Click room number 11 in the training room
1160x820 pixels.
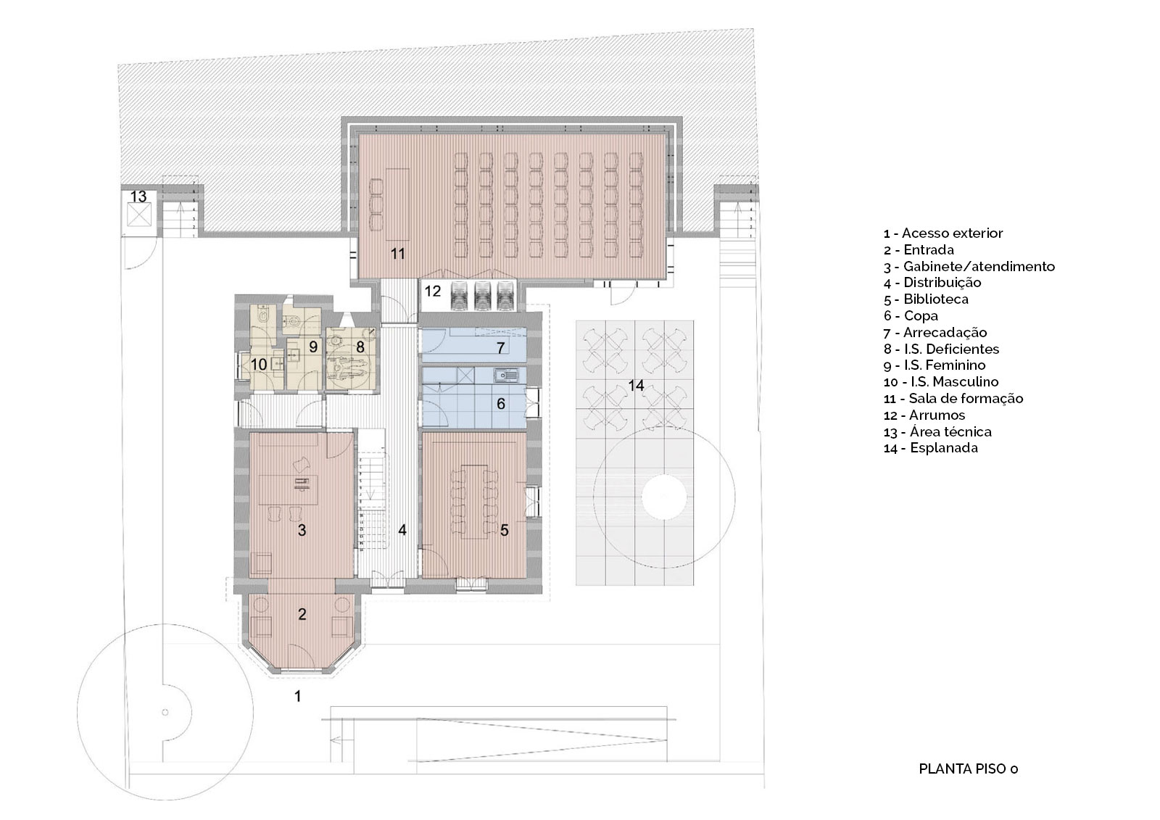tap(398, 253)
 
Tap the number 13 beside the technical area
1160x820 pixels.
tap(138, 196)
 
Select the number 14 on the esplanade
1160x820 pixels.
tap(636, 386)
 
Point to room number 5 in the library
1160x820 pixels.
tap(505, 529)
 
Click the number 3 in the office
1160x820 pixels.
tap(302, 530)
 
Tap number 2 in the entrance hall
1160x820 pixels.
tap(302, 614)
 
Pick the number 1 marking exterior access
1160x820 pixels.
tap(298, 696)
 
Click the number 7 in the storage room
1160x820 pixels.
tap(501, 347)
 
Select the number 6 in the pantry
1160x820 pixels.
tap(501, 404)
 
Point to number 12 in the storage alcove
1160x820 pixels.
tap(433, 291)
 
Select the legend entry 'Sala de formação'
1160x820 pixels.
tap(966, 398)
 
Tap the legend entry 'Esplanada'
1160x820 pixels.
tap(944, 448)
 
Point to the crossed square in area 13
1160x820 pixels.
tap(139, 215)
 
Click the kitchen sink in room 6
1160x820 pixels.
tap(506, 375)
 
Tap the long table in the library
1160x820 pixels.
tap(473, 502)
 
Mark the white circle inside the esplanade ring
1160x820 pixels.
tap(664, 496)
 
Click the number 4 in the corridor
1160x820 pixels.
tap(402, 530)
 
